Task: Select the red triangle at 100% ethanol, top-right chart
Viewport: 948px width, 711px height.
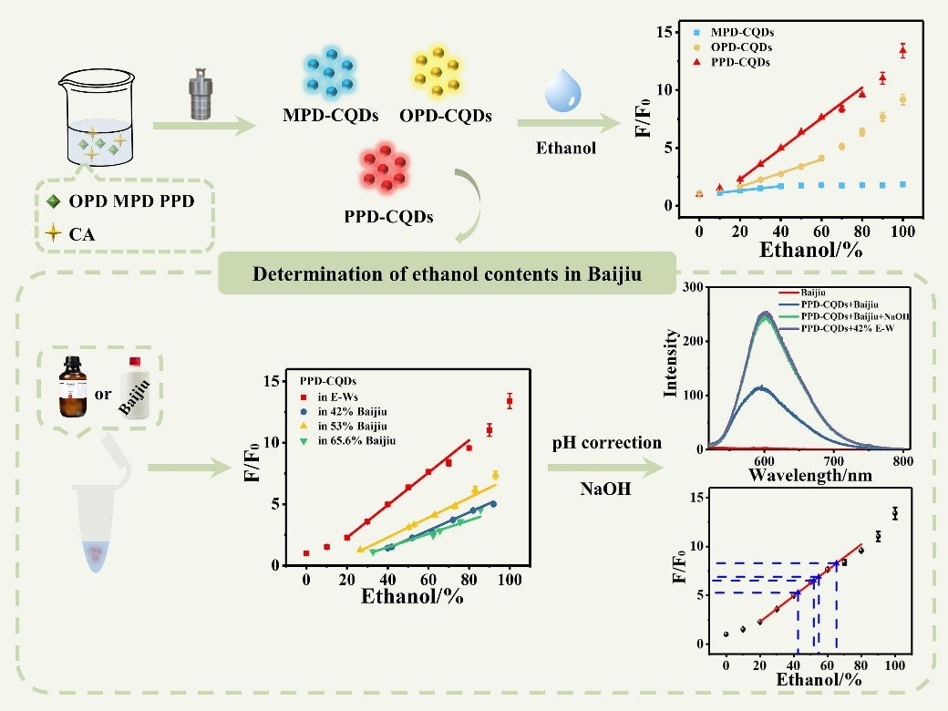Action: [x=902, y=51]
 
